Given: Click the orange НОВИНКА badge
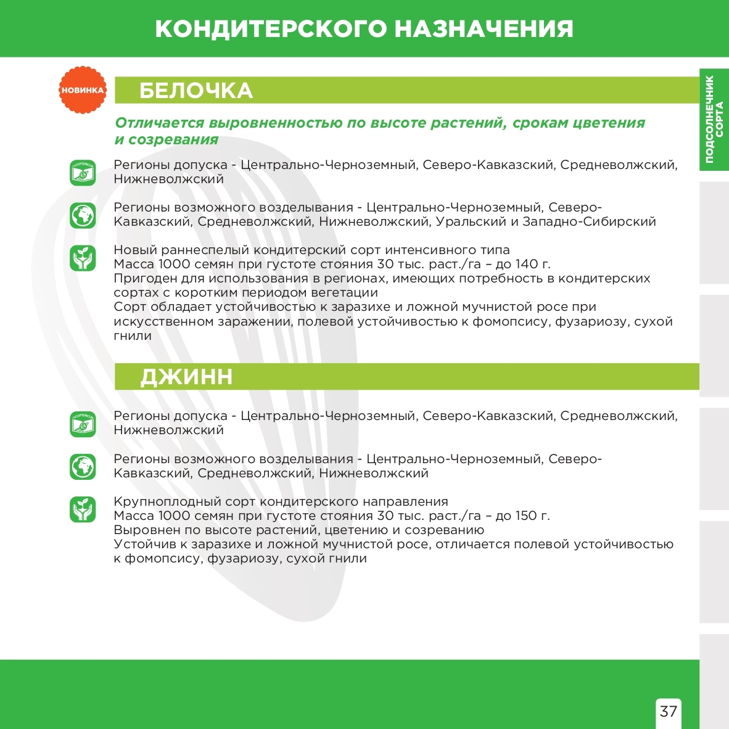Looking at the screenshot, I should tap(83, 90).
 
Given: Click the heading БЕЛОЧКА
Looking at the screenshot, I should tap(196, 91).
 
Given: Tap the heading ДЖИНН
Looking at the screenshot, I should tap(186, 377).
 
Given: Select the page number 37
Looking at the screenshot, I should tap(669, 711).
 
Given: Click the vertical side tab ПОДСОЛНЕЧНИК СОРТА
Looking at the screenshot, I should tap(714, 119).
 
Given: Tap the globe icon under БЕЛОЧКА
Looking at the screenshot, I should tap(83, 215).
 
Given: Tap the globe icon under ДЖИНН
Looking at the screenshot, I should tap(83, 467).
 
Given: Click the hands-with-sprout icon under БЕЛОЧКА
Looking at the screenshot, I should tap(83, 258).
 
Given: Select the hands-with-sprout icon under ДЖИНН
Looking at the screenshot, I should tap(83, 509).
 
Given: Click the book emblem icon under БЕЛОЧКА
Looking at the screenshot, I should tap(83, 173).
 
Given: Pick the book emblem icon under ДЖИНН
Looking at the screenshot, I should tap(83, 424).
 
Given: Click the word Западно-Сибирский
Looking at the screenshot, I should tap(589, 221).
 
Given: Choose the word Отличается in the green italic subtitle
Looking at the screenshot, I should tap(159, 123).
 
